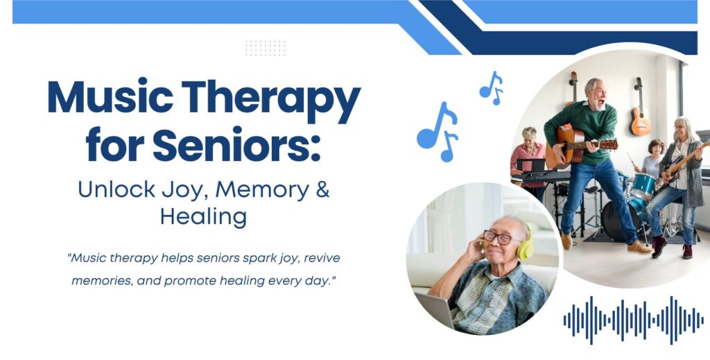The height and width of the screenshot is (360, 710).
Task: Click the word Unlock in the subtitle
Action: (112, 189)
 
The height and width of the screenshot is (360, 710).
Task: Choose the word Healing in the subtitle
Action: (203, 216)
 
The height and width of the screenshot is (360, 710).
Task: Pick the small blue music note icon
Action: (492, 87)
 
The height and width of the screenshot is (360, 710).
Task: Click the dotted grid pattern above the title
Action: (266, 48)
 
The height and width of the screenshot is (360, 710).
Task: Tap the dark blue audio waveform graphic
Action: (633, 320)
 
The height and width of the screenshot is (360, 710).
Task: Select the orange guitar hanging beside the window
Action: (641, 118)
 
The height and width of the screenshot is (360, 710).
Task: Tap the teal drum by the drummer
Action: (643, 185)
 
